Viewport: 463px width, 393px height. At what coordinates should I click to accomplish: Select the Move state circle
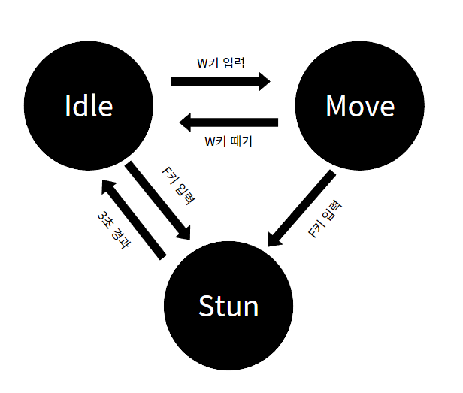(359, 106)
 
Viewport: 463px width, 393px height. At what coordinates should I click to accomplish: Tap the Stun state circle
(228, 306)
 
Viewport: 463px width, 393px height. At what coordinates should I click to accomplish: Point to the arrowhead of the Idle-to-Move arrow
(264, 81)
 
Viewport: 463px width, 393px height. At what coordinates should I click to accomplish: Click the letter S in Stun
(206, 306)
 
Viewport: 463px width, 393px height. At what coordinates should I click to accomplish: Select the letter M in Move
(337, 106)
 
